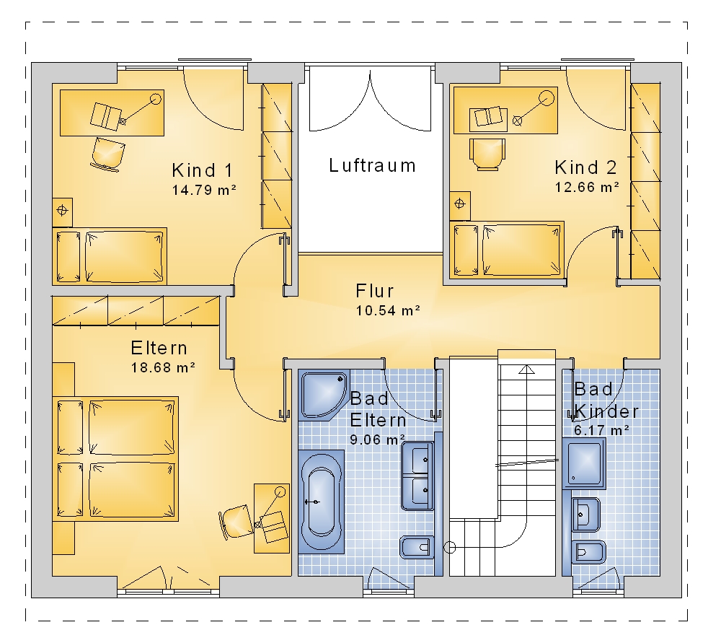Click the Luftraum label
373,166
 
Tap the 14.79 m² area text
204,190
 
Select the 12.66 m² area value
587,187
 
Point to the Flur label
375,291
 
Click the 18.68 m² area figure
163,367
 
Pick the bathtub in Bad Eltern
321,502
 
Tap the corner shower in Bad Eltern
324,395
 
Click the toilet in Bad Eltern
417,547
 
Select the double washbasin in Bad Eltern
417,476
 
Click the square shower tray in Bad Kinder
584,463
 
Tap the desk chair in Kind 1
108,154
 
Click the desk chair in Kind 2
487,154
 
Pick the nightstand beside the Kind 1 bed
62,212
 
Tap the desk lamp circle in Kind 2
547,98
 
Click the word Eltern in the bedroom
159,348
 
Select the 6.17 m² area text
601,430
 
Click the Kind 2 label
585,167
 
